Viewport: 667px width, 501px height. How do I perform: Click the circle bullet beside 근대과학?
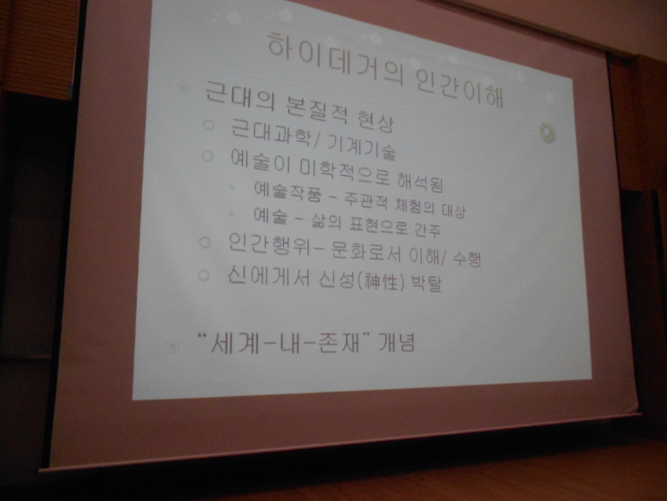point(208,125)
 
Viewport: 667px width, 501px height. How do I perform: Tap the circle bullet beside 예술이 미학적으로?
point(207,156)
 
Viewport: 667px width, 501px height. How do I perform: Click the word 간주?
point(427,229)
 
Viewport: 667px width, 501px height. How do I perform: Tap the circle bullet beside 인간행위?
point(205,243)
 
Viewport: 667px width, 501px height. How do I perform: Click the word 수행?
point(466,258)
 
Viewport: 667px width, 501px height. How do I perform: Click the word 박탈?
point(426,282)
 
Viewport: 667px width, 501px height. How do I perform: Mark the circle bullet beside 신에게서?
point(204,275)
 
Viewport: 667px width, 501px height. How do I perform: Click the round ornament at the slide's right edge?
point(547,132)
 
